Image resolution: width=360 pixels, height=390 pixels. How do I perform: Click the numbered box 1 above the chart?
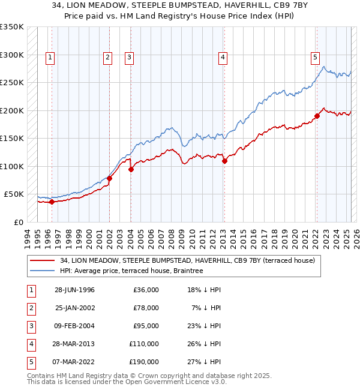(49, 58)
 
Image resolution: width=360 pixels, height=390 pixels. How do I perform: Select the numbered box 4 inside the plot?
(223, 58)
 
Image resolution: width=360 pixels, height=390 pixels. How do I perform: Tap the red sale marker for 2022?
(316, 116)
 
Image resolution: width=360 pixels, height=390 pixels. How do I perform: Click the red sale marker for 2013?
(224, 161)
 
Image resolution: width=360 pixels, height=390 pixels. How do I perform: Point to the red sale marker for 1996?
(52, 202)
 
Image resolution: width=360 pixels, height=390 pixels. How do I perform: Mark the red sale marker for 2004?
(131, 169)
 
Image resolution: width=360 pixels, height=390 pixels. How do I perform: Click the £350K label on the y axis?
(12, 27)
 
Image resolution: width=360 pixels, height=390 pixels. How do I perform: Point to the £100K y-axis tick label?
(12, 166)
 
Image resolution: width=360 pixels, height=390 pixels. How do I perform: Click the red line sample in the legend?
(43, 260)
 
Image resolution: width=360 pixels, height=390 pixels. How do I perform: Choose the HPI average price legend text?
(131, 271)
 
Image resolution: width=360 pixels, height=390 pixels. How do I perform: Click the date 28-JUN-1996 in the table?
(74, 290)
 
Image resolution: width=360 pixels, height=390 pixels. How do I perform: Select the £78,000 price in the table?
(146, 308)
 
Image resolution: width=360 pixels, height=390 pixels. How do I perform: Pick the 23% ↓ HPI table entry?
(203, 326)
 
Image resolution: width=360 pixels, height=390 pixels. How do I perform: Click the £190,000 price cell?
(144, 362)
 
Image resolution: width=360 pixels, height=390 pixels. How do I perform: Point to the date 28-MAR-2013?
(74, 344)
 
